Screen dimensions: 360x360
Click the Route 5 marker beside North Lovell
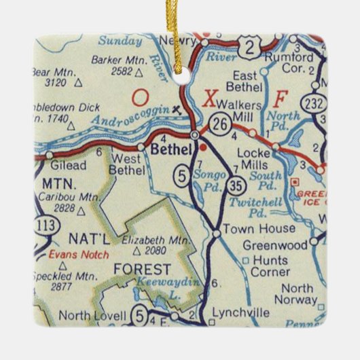coord(140,314)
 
